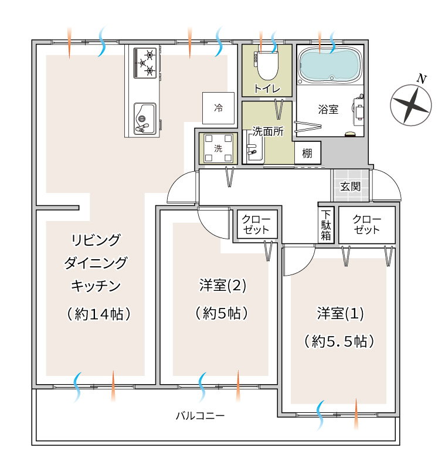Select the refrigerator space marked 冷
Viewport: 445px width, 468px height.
coord(218,108)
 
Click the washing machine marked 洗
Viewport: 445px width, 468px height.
coord(218,148)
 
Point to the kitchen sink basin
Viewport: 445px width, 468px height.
coord(144,119)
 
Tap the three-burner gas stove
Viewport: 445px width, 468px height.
coord(145,63)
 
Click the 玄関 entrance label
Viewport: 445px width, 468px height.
coord(351,186)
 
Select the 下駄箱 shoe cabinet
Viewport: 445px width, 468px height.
coord(326,225)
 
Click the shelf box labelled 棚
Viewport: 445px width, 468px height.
coord(307,153)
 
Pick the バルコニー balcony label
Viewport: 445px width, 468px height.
coord(200,416)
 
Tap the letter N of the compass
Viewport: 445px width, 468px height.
coord(421,79)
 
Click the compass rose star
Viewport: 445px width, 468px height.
coord(411,105)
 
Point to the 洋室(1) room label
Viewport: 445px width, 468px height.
coord(340,313)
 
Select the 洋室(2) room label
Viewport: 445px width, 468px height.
coord(223,286)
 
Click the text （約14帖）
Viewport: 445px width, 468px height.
coord(98,314)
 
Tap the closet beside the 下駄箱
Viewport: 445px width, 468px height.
coord(367,225)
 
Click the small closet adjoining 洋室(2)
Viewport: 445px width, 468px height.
coord(257,224)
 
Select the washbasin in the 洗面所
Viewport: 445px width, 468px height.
coord(253,148)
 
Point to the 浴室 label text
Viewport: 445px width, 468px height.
coord(328,110)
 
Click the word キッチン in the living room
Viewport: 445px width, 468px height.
coord(96,286)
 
